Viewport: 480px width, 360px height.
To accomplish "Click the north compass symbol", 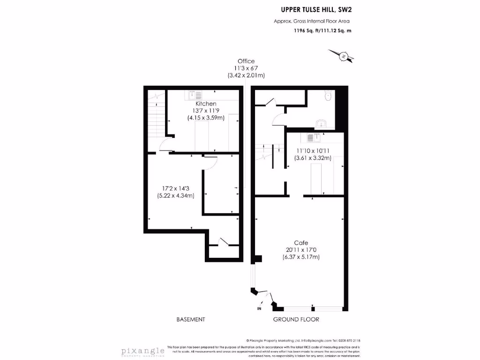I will click(344, 57).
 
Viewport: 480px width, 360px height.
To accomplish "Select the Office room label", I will click(246, 61).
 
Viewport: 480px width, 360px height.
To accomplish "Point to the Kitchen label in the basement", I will click(206, 104).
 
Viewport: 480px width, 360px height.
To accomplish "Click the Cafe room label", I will click(301, 243).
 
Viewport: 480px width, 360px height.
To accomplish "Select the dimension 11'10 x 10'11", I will click(313, 151).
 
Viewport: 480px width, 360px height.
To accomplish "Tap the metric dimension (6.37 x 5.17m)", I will click(301, 257).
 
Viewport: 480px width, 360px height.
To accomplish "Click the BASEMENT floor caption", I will click(191, 320).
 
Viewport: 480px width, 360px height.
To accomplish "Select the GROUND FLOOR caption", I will click(296, 320).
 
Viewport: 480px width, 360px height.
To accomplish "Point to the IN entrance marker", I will click(259, 309).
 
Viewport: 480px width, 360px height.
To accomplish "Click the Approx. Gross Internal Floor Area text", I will click(312, 21).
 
